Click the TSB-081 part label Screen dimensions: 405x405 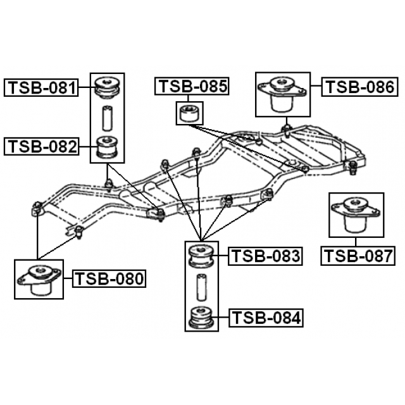[x=42, y=87]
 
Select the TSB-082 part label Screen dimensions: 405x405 [x=42, y=147]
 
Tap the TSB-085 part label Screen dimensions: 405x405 [x=192, y=87]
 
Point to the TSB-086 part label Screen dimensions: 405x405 [x=359, y=87]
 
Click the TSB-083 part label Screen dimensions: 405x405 [x=265, y=256]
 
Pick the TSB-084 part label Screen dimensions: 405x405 [x=265, y=316]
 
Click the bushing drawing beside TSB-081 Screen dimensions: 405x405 [x=107, y=87]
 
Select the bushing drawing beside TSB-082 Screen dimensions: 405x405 [x=107, y=147]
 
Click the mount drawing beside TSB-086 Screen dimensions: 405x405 [x=282, y=94]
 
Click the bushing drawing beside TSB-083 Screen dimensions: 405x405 [x=201, y=256]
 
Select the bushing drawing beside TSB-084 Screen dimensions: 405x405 [x=201, y=316]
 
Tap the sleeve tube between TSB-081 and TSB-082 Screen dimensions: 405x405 [x=107, y=118]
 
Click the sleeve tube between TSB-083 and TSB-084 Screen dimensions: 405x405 [x=201, y=286]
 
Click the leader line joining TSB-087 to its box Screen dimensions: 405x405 [x=356, y=242]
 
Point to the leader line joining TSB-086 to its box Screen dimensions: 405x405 [x=316, y=87]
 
